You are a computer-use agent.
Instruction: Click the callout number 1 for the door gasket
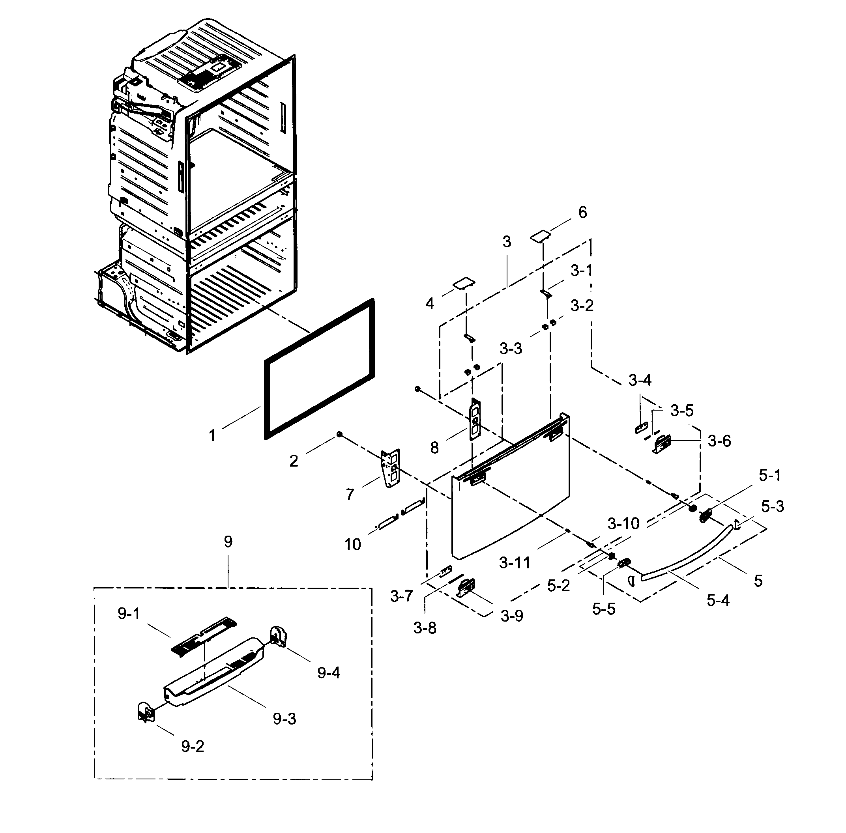click(x=212, y=435)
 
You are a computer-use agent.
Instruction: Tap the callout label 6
click(x=582, y=213)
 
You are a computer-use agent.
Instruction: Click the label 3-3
click(x=511, y=349)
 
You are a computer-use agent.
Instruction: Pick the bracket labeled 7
click(x=390, y=468)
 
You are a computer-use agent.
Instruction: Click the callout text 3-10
click(x=623, y=523)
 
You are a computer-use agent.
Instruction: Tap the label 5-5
click(x=604, y=609)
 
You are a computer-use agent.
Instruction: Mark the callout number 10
click(x=352, y=544)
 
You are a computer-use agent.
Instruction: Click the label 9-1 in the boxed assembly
click(x=129, y=614)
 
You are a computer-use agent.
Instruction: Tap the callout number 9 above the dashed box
click(x=228, y=542)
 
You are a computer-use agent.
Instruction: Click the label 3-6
click(x=719, y=441)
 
